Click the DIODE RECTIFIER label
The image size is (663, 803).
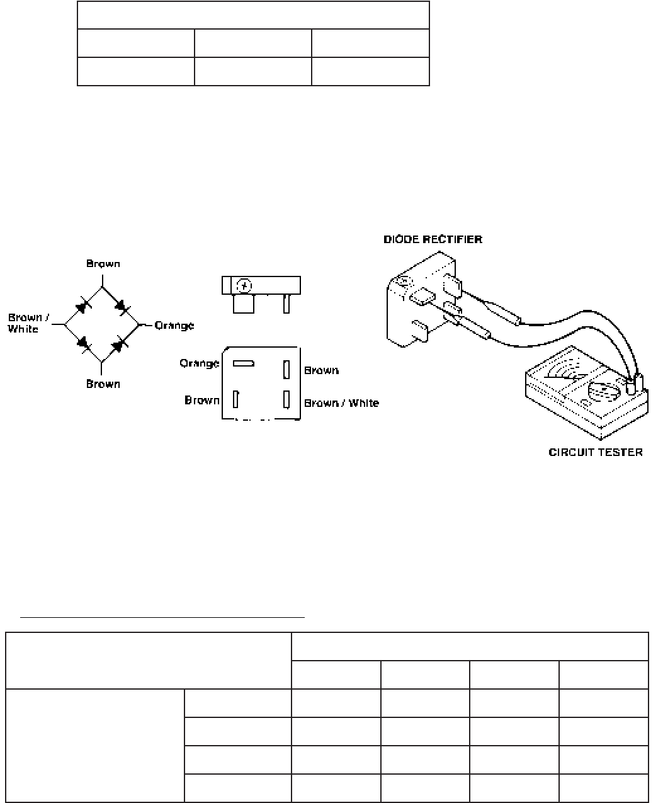click(433, 239)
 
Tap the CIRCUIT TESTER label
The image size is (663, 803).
click(596, 452)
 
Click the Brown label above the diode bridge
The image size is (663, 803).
click(103, 264)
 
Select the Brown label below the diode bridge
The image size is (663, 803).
click(103, 384)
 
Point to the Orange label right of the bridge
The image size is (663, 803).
click(174, 326)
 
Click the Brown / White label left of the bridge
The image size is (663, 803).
click(28, 323)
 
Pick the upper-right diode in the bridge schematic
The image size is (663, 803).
click(122, 307)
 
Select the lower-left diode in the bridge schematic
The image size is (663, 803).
click(84, 343)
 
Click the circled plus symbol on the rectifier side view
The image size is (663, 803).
click(244, 286)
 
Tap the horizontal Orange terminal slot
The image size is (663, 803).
click(244, 363)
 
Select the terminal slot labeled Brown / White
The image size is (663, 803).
click(286, 399)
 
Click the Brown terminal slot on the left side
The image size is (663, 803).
click(235, 399)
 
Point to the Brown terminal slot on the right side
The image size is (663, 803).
click(286, 370)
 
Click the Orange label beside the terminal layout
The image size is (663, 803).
click(199, 364)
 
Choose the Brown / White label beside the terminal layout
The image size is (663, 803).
click(341, 403)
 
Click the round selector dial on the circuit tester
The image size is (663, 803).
click(604, 392)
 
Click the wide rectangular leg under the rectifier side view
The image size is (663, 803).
click(244, 304)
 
